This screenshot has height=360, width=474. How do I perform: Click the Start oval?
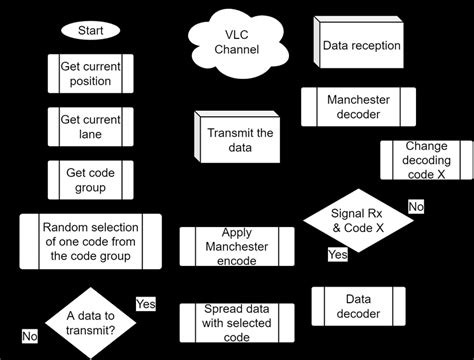[91, 30]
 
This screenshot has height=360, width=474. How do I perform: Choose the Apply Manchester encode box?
[237, 246]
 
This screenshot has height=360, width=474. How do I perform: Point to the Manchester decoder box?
[358, 107]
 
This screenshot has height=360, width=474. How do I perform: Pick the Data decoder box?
[358, 306]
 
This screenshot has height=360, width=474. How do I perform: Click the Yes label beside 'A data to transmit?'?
[146, 303]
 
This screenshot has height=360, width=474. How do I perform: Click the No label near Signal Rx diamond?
[416, 207]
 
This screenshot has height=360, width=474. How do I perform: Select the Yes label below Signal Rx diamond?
[339, 255]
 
